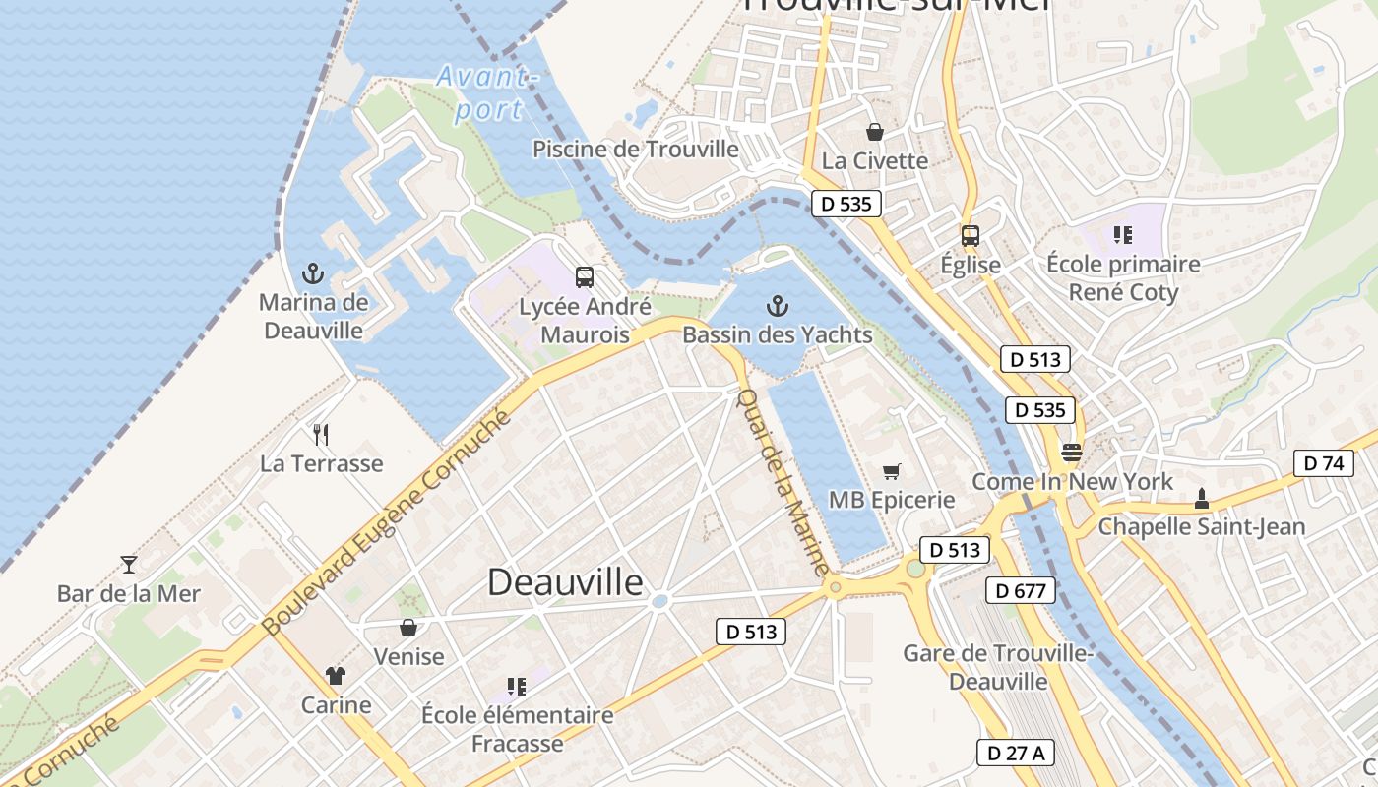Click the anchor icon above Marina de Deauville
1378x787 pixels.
tap(313, 272)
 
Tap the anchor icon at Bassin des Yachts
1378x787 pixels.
tap(778, 305)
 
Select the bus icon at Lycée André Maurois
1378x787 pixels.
tap(585, 277)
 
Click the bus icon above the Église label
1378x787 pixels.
tap(971, 236)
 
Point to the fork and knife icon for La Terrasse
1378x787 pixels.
tap(320, 434)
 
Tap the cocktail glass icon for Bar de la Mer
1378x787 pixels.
tap(129, 565)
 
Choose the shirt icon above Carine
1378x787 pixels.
tap(336, 676)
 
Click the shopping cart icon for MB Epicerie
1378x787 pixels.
tap(891, 471)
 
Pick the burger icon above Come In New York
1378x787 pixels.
tap(1072, 453)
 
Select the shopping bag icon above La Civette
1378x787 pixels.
tap(874, 132)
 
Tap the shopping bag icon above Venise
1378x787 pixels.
tap(408, 628)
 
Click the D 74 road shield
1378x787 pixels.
tap(1324, 463)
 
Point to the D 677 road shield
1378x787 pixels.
tap(1021, 590)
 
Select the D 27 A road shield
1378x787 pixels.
tap(1016, 754)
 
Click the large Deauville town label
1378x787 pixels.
tap(565, 582)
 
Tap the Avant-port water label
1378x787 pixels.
tap(487, 92)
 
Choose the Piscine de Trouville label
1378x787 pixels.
tap(635, 150)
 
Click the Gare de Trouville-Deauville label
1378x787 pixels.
tap(998, 667)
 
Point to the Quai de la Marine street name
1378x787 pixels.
tap(783, 482)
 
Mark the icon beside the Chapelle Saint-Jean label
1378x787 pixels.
tap(1201, 499)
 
